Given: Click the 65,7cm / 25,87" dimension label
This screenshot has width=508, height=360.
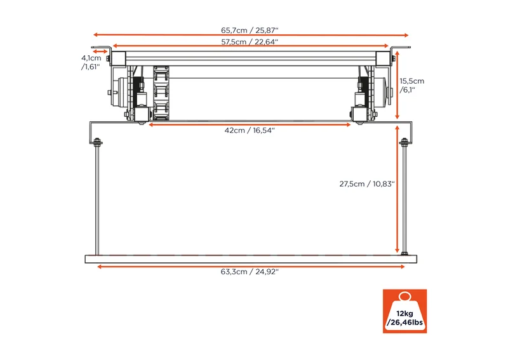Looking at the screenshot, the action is (250, 30).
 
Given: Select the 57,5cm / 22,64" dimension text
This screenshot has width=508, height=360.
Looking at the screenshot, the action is (250, 42).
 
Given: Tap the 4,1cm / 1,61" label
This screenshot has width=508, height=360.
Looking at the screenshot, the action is (91, 62).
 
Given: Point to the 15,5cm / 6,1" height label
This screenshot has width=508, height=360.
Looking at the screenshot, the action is (411, 85).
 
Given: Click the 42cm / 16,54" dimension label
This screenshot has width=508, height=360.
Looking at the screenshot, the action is (250, 130).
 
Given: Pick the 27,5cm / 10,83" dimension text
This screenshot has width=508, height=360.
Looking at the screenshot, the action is (367, 184).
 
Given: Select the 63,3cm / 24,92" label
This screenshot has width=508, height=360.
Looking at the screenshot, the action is (250, 272).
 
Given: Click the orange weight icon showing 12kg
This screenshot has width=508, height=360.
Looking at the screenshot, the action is (404, 311).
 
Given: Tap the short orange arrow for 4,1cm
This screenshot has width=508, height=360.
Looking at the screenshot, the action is (100, 51).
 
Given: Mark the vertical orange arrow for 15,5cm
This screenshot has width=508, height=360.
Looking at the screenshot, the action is (398, 85).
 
